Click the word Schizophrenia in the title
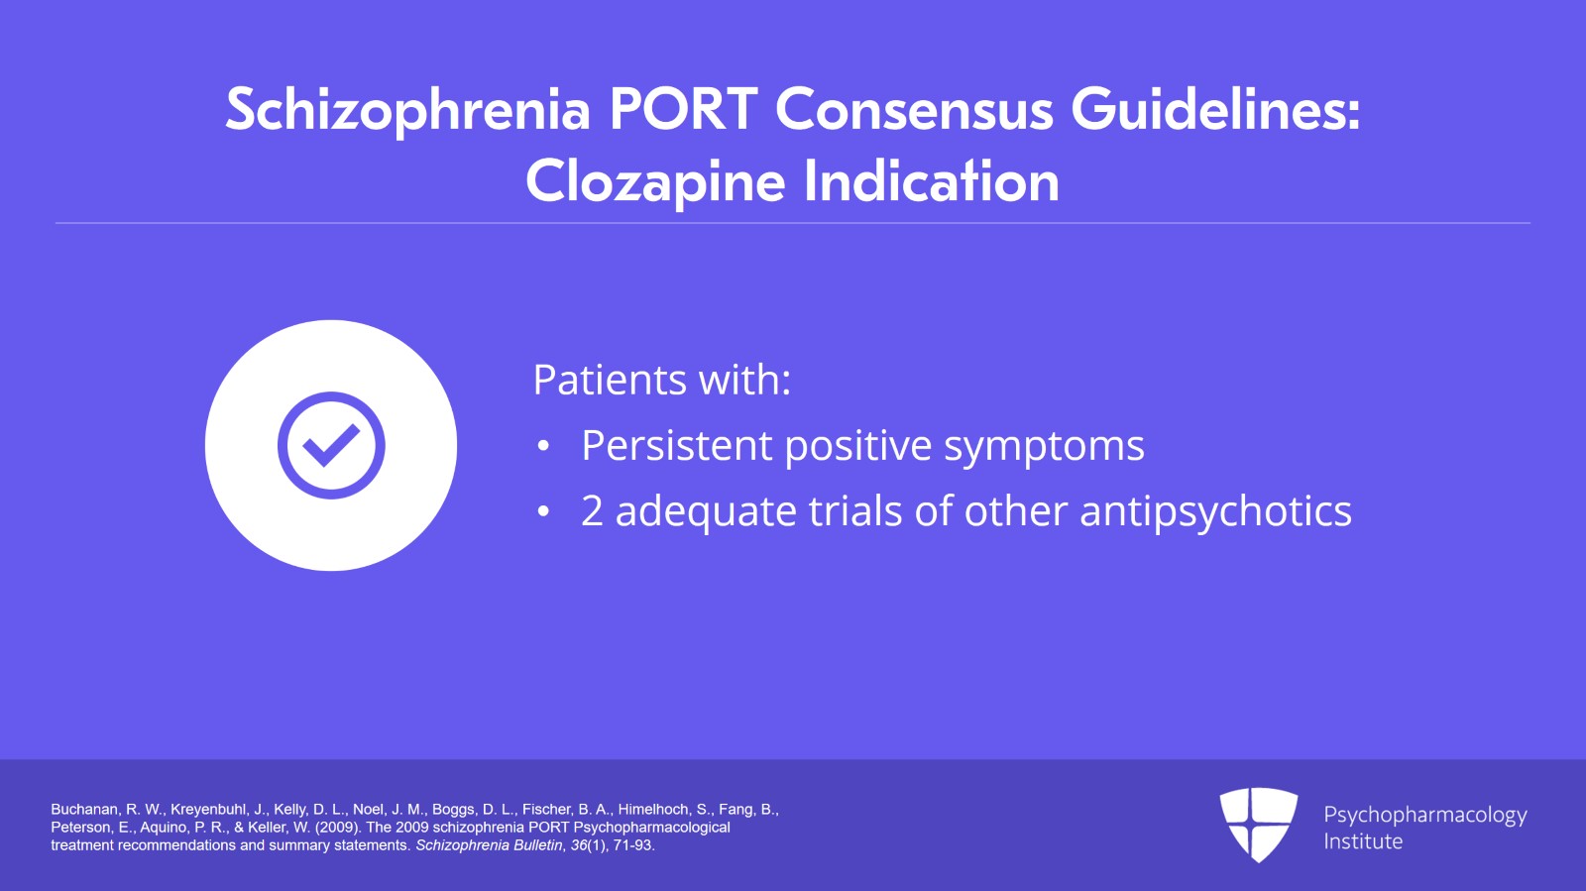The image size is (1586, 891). point(406,109)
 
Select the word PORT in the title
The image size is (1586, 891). point(683,109)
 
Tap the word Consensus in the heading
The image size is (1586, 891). point(913,109)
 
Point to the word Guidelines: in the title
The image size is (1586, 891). point(1215,109)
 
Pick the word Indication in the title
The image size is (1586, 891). point(931,182)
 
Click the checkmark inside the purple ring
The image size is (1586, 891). point(331,445)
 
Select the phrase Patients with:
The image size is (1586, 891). point(661,381)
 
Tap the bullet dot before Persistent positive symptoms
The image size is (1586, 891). point(543,447)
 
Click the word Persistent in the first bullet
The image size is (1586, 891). point(677,446)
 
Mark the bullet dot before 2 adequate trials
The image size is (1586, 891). point(543,512)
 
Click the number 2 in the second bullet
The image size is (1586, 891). point(592,511)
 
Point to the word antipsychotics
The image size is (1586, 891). point(1215,511)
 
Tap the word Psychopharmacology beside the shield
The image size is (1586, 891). point(1424,815)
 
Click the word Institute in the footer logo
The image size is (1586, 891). point(1363,841)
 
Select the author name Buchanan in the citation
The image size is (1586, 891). point(83,810)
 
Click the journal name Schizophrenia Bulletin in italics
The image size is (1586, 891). point(488,845)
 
